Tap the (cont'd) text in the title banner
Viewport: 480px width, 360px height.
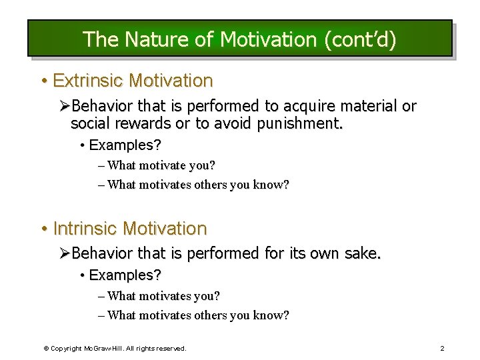point(359,39)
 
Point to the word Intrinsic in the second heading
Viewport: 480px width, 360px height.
point(85,229)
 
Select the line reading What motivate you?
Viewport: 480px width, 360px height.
point(161,165)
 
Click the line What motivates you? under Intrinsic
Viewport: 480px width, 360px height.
point(163,295)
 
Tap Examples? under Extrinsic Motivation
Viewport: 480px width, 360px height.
point(125,145)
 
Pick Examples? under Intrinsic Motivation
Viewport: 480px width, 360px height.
point(125,275)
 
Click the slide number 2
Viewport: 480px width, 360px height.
point(442,348)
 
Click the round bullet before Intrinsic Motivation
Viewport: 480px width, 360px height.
point(43,229)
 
